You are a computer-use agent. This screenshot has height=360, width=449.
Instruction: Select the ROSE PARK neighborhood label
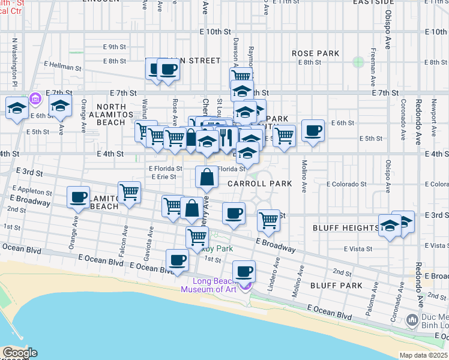click(x=316, y=53)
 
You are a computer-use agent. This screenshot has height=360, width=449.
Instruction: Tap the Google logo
click(x=19, y=353)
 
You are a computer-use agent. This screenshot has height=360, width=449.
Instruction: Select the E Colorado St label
click(x=346, y=184)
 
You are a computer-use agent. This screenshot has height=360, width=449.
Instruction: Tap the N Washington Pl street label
click(x=14, y=63)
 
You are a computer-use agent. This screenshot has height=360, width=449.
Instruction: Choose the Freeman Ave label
click(x=373, y=67)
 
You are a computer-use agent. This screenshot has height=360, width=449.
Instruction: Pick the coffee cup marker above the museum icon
click(x=244, y=271)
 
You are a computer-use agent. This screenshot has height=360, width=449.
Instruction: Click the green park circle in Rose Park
click(x=358, y=61)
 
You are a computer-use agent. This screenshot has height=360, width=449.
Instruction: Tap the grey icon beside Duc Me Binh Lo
click(x=412, y=321)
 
